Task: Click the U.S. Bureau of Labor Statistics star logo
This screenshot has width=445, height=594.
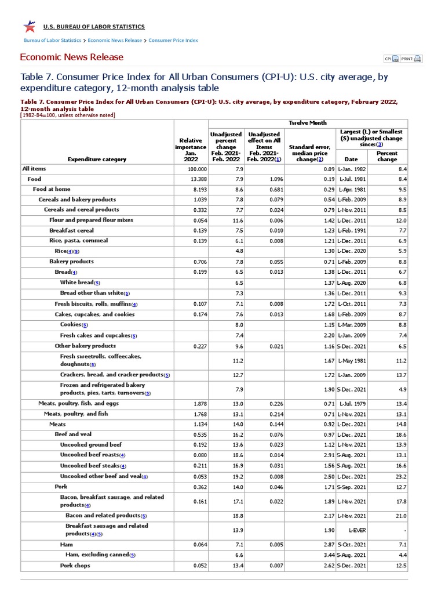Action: [x=29, y=27]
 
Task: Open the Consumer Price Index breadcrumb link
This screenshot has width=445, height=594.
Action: [x=173, y=41]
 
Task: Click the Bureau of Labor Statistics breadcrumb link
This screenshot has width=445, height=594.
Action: [x=52, y=41]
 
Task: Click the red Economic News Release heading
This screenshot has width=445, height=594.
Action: [x=71, y=57]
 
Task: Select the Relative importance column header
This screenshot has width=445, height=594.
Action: [x=191, y=150]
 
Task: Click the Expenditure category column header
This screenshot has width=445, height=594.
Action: [x=97, y=159]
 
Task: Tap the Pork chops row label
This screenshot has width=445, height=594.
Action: [x=75, y=566]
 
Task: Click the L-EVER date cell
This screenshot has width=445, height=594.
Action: [x=352, y=530]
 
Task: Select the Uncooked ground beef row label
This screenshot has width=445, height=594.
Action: [x=90, y=445]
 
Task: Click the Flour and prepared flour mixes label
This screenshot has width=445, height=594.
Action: [x=91, y=220]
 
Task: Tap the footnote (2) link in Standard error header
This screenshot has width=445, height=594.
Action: [x=320, y=159]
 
